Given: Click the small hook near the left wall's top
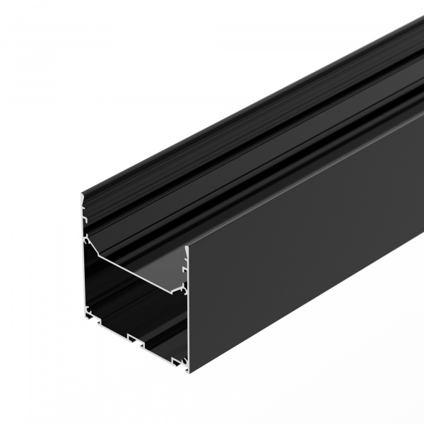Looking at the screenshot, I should point(85,220).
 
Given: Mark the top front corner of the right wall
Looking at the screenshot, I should point(187,247).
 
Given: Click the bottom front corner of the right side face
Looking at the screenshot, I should point(190,371).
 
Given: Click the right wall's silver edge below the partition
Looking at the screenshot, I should point(187,325).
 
